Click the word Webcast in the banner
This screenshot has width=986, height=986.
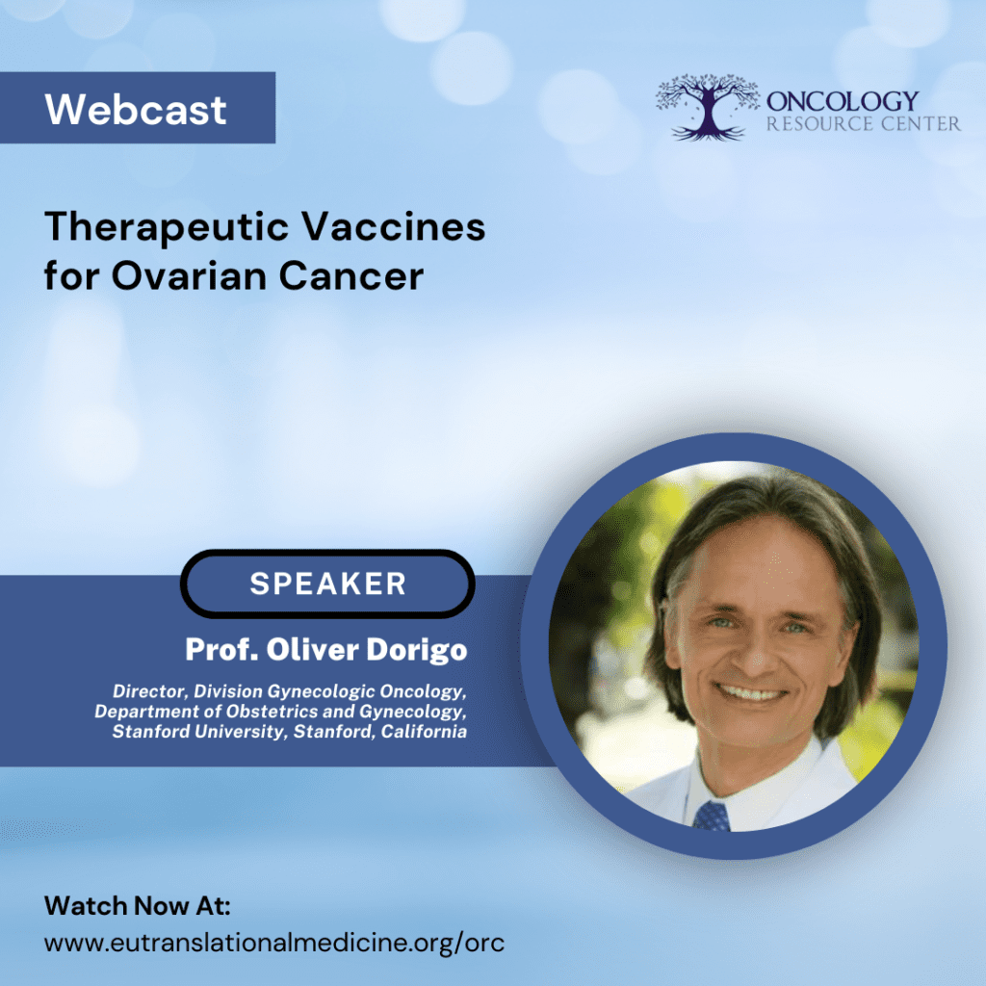point(135,110)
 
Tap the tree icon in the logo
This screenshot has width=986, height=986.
point(708,107)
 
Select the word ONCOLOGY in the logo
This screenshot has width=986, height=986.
point(843,100)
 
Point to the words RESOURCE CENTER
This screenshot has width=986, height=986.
point(864,124)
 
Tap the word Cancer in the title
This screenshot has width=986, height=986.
point(350,276)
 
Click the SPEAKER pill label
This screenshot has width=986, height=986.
point(327,584)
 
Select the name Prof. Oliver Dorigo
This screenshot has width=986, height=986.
point(326,650)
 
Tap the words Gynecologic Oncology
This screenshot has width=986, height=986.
point(366,691)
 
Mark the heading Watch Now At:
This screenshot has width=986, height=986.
point(137,906)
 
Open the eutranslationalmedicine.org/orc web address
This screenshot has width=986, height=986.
point(274,944)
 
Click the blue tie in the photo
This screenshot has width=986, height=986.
point(713,816)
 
